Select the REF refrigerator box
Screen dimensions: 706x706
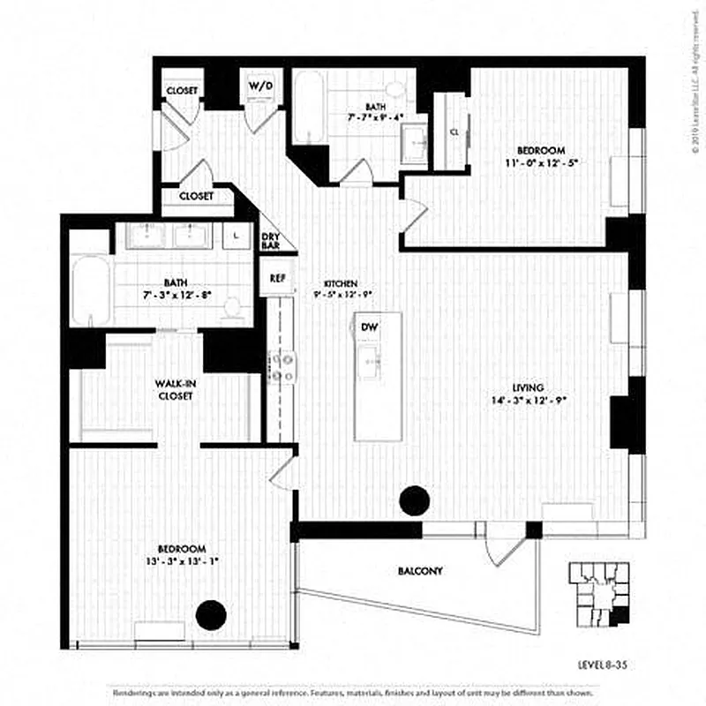[x=277, y=278]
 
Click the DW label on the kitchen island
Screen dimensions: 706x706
[x=371, y=327]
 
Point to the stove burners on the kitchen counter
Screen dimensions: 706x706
[x=282, y=366]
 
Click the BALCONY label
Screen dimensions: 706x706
[x=420, y=572]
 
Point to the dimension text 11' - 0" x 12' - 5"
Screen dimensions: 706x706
[x=541, y=163]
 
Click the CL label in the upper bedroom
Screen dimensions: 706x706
[x=454, y=131]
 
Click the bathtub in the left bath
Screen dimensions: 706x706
[x=91, y=291]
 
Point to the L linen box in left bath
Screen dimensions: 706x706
[x=236, y=235]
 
